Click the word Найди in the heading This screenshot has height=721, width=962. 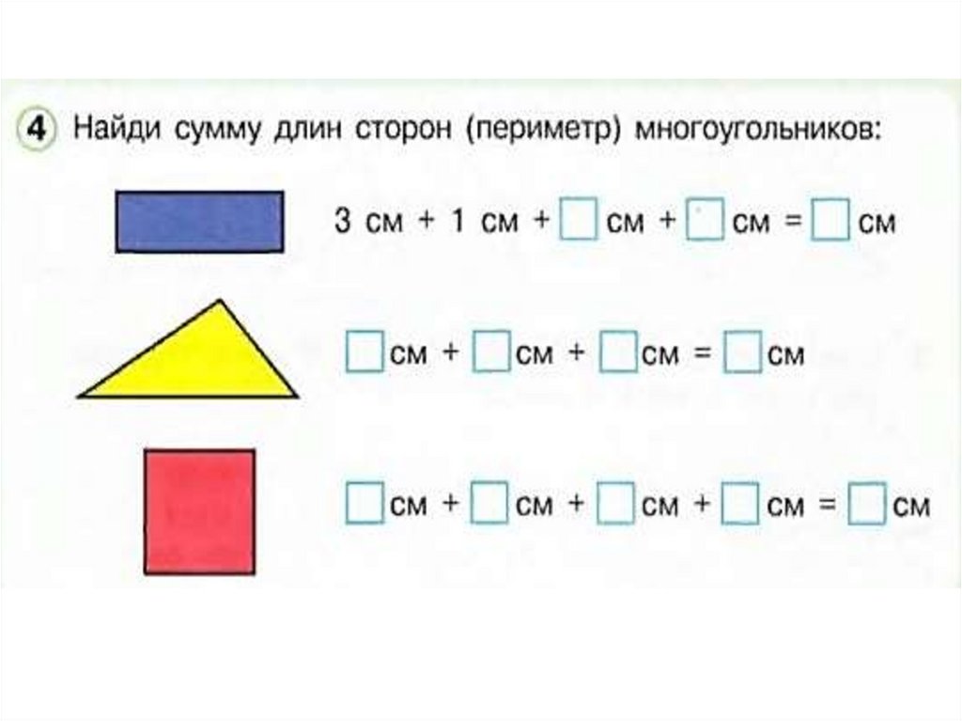click(x=117, y=128)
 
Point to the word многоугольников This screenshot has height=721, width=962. click(x=759, y=129)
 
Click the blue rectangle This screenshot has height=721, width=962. click(x=199, y=222)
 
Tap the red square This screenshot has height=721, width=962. click(x=199, y=511)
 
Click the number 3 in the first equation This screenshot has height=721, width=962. click(x=343, y=223)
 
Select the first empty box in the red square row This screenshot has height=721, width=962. click(x=365, y=505)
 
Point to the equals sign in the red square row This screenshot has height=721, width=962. click(x=827, y=506)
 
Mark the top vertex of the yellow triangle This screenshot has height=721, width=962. click(x=221, y=303)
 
